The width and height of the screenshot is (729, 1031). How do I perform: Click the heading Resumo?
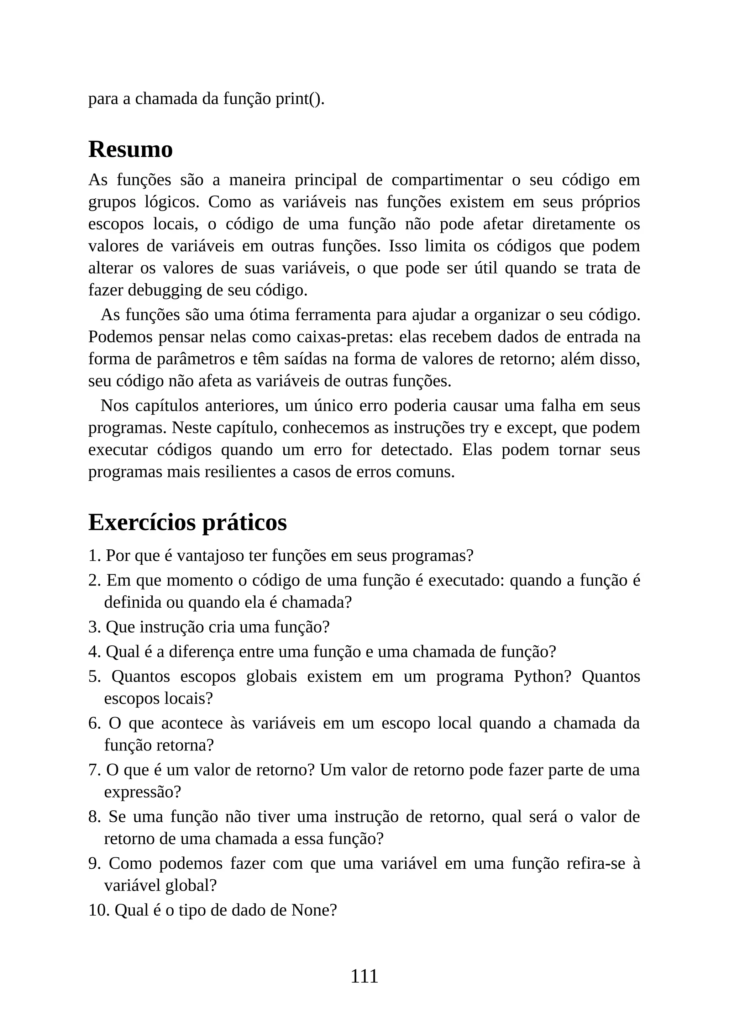coord(130,150)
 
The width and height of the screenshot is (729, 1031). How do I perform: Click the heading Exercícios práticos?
coord(187,523)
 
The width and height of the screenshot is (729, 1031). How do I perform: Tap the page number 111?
coord(364,976)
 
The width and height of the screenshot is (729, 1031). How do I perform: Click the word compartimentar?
coord(447,180)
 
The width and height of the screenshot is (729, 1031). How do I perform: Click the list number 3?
coord(94,627)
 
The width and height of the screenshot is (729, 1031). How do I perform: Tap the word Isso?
coord(402,246)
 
